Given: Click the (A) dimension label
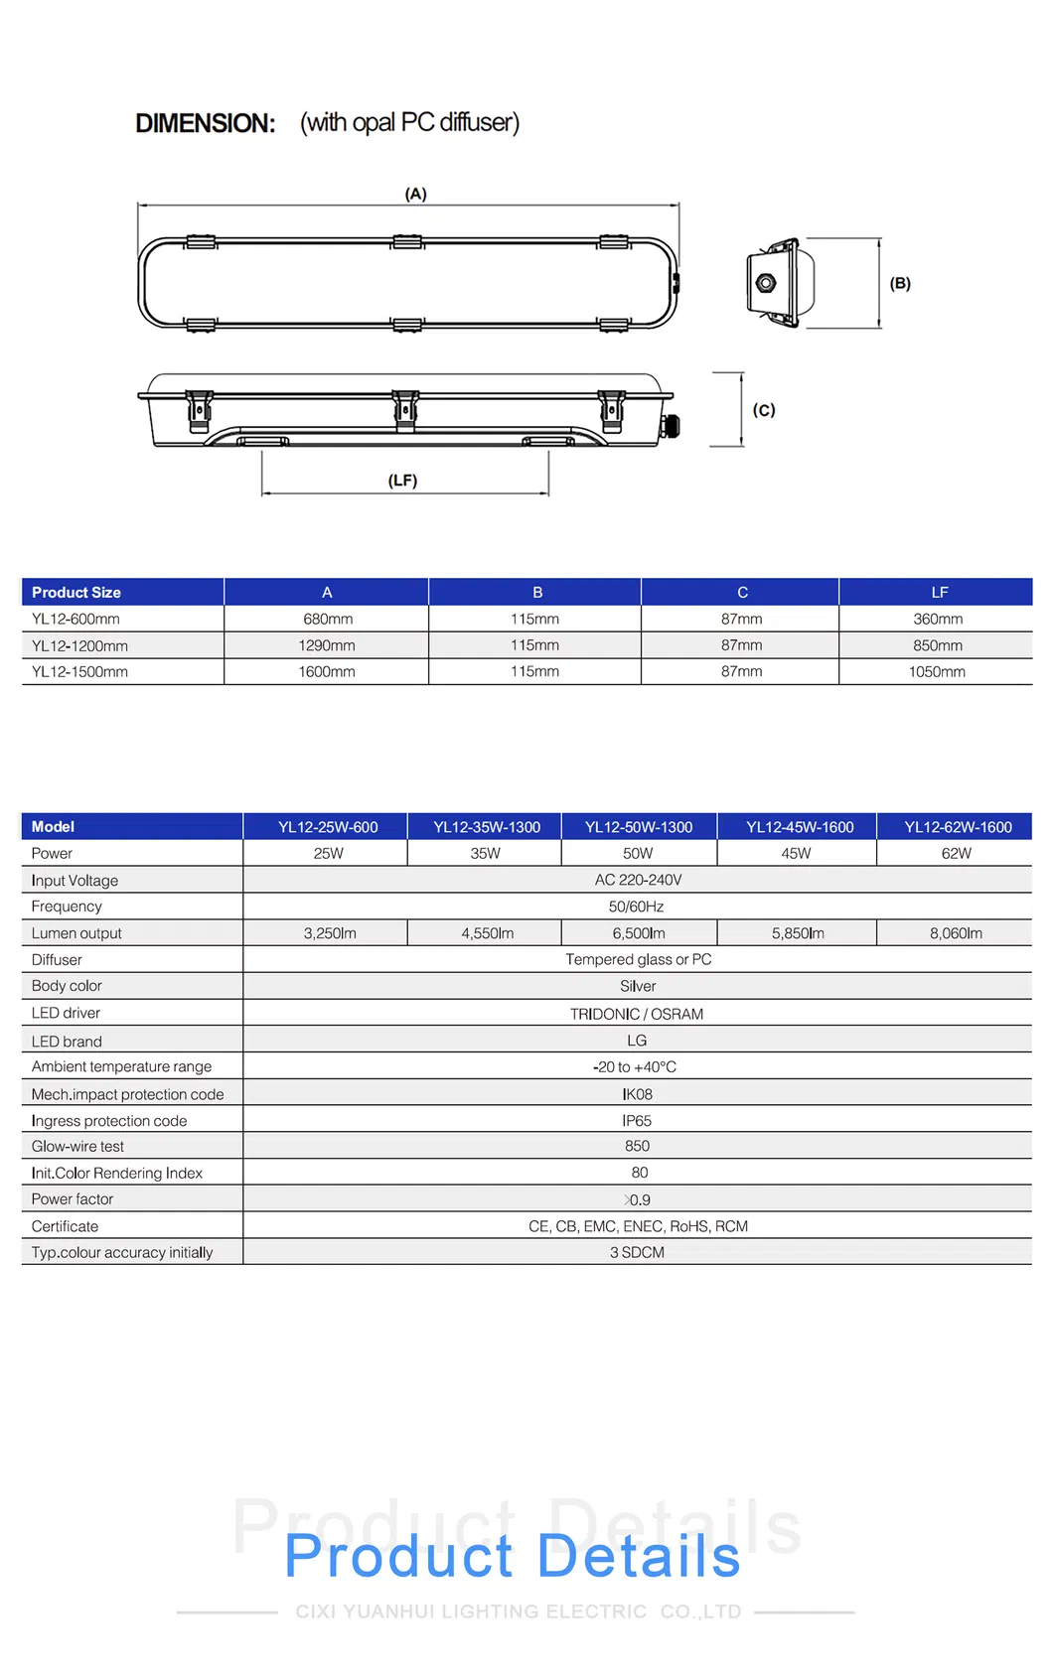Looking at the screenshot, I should point(415,194).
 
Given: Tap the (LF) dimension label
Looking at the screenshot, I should point(402,481).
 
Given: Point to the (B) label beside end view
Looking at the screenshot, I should point(900,283).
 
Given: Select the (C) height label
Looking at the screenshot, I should point(763,410).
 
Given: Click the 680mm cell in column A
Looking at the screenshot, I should point(328,619).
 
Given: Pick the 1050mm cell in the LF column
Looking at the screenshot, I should point(937,672).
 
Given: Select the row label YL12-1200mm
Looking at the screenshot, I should point(79,645).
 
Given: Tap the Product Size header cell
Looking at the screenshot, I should point(76,593).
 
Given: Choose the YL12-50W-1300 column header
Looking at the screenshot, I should point(639,827).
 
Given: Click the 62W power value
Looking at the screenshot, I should point(956,854).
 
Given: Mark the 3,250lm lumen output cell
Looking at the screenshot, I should point(330,933).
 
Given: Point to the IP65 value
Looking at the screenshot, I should point(637,1121).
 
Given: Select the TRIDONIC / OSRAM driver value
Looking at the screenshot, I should point(637,1014).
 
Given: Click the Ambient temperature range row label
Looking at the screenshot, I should point(121,1066).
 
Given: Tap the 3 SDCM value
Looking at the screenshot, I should point(637,1253).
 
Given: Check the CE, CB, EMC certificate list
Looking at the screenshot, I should point(638,1226).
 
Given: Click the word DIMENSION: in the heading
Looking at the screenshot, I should point(205,123).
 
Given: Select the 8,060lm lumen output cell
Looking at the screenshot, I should point(956,933).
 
